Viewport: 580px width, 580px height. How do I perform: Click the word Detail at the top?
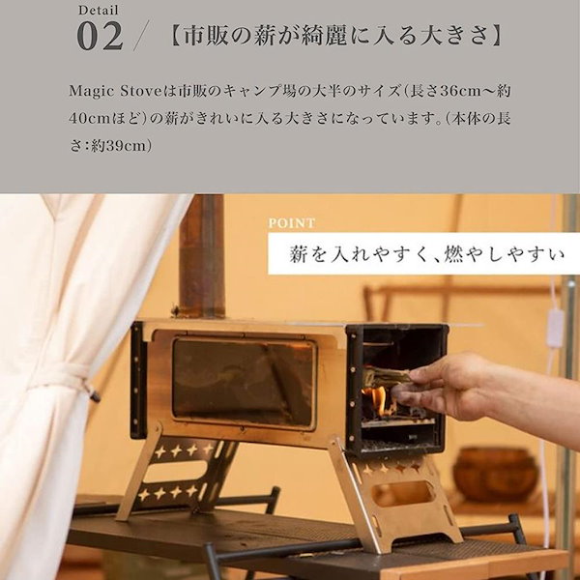99,12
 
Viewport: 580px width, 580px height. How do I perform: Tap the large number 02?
100,37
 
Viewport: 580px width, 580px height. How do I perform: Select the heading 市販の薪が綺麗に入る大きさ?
333,38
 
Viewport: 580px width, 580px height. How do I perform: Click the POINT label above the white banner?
292,222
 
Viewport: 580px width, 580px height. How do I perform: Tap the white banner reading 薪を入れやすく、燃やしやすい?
422,254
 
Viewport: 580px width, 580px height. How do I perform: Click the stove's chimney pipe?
202,256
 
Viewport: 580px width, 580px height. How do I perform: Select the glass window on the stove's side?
244,382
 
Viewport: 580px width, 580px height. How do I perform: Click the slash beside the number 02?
141,37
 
